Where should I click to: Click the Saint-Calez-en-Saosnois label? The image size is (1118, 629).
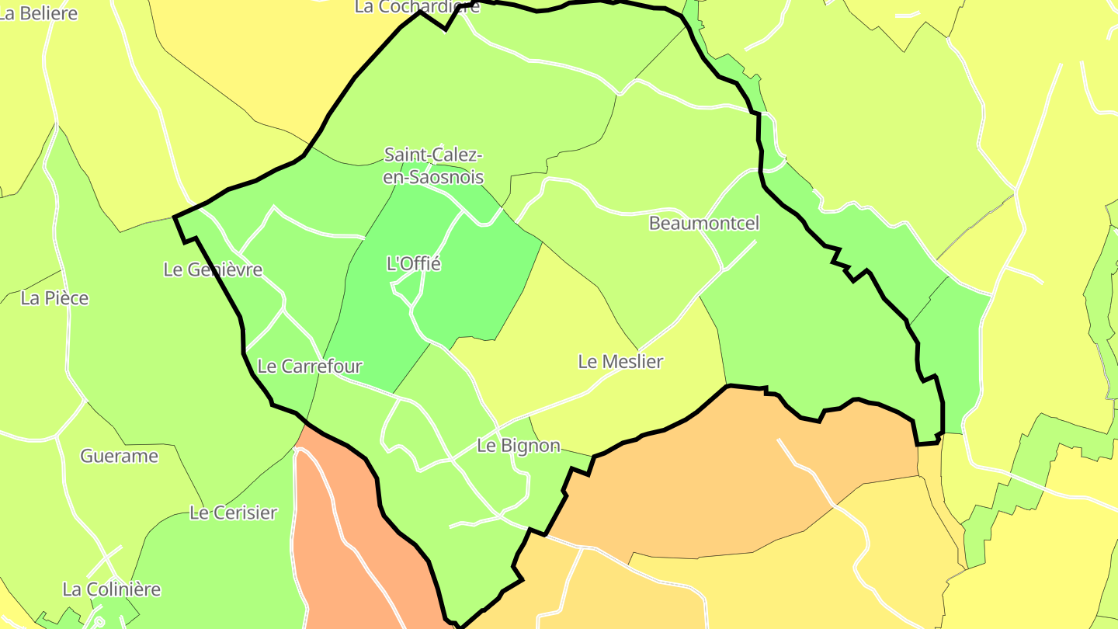pos(434,165)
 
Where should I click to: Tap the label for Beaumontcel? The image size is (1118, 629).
pos(703,224)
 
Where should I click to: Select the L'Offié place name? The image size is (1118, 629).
pos(414,264)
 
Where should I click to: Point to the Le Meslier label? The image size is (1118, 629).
pos(620,361)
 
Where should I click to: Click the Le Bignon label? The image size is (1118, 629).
pos(518,446)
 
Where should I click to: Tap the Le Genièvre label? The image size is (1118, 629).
pos(213,269)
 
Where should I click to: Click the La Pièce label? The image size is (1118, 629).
pos(55,298)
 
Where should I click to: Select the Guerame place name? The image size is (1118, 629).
pos(120,456)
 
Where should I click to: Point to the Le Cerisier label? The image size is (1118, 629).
pos(233,513)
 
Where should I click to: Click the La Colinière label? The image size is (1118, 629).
pos(112,589)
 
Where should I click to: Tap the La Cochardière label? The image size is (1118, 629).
pos(417,7)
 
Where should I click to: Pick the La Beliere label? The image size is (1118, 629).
pos(39,13)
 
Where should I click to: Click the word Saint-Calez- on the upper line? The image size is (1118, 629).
pos(434,155)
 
